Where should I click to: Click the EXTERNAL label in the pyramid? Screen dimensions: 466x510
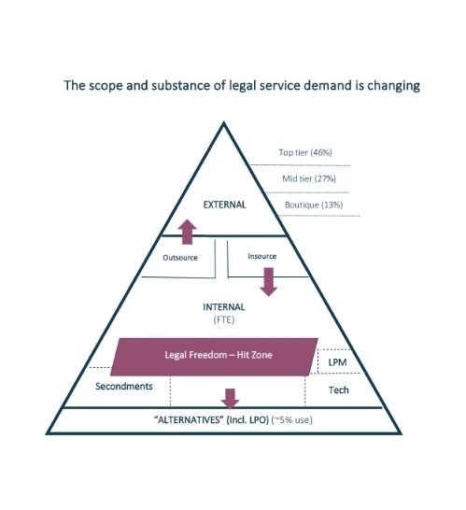[x=224, y=205]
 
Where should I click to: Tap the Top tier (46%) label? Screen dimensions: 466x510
[x=305, y=152]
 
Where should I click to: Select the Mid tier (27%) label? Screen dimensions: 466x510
[x=309, y=178]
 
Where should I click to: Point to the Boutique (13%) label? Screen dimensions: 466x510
[x=314, y=205]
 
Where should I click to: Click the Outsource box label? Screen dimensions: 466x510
[x=180, y=258]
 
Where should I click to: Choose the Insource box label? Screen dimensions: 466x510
[x=262, y=256]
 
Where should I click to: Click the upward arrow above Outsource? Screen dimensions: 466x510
[x=187, y=232]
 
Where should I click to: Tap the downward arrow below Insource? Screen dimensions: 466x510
[x=269, y=282]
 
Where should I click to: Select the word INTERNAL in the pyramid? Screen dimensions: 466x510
[x=224, y=307]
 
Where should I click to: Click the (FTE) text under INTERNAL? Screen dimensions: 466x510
[x=224, y=320]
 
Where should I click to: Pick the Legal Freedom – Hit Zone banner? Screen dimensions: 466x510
[x=214, y=357]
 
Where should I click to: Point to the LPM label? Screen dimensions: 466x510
[x=337, y=362]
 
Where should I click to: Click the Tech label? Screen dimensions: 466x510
[x=338, y=390]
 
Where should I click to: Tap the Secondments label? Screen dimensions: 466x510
[x=124, y=386]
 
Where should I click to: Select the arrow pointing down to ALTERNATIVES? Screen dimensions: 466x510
[x=231, y=399]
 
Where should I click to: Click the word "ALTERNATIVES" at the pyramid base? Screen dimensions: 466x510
[x=188, y=420]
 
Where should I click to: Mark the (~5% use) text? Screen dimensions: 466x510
[x=291, y=420]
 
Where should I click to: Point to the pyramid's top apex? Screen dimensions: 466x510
[x=224, y=122]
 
